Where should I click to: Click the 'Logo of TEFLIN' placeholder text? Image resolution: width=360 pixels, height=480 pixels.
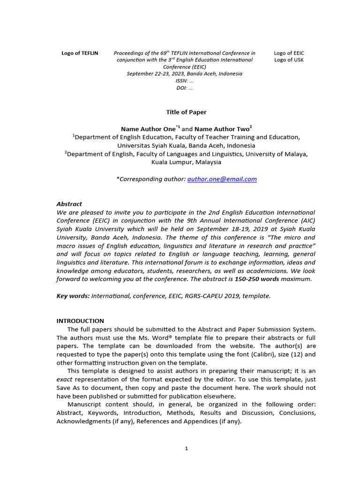tap(80, 53)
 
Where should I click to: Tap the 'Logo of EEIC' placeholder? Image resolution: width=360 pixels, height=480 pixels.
tap(289, 53)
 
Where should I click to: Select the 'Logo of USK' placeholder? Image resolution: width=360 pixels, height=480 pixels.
tap(289, 60)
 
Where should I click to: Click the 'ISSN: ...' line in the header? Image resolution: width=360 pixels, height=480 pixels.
tap(184, 81)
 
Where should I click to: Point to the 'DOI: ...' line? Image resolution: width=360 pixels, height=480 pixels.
tap(184, 88)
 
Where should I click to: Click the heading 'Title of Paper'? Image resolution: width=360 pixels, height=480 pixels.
tap(186, 112)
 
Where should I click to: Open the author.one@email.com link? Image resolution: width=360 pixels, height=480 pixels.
tap(222, 179)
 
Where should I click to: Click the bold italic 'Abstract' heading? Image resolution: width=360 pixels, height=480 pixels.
tap(69, 204)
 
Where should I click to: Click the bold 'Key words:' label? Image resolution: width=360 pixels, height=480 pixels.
tap(73, 296)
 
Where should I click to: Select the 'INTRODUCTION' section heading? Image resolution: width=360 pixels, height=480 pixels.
tap(80, 321)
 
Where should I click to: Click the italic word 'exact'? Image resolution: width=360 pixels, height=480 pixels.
tap(65, 380)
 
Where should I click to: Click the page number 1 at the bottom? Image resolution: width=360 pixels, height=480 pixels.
tap(186, 449)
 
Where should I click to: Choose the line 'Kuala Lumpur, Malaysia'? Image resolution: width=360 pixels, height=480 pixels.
tap(186, 162)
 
